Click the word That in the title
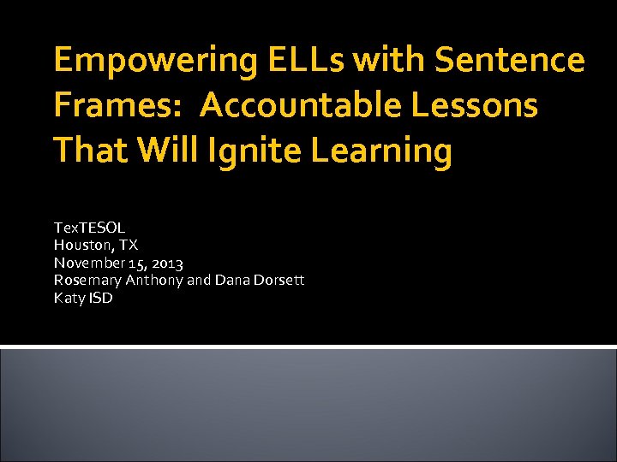coord(87,151)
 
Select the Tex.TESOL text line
coord(89,228)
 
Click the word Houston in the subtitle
coord(82,246)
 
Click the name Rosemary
coord(88,281)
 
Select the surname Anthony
coord(154,281)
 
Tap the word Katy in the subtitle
coord(69,299)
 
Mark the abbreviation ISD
coord(99,299)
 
